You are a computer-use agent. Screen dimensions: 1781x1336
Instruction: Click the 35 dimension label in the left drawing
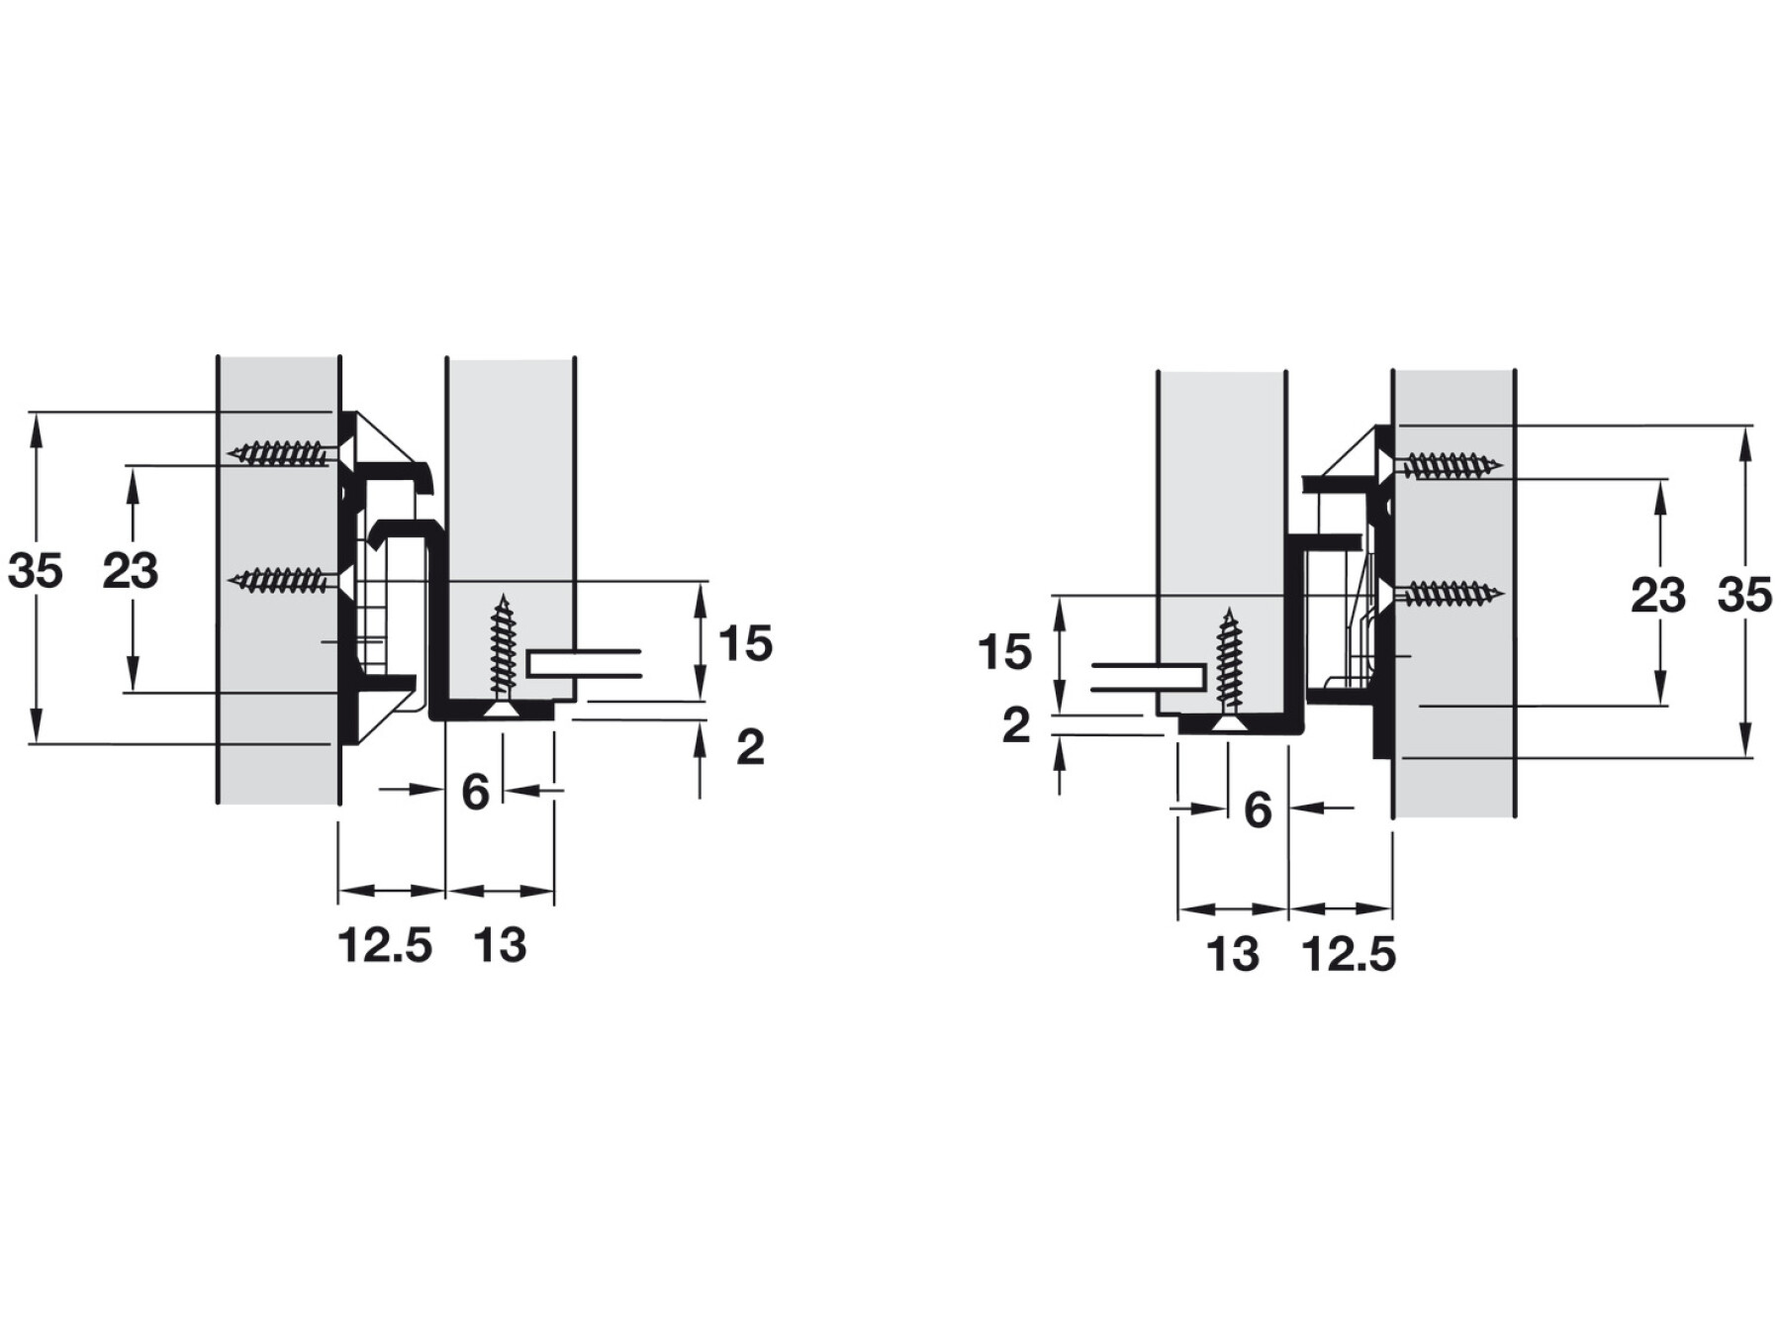click(36, 571)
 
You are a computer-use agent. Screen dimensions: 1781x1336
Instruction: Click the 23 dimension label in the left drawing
click(131, 571)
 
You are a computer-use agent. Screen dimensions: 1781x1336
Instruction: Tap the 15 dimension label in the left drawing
click(745, 643)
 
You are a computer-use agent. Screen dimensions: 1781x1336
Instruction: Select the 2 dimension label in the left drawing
click(750, 747)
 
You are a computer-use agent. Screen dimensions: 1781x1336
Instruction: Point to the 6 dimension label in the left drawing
click(476, 792)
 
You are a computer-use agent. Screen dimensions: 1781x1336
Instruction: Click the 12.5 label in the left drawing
click(385, 945)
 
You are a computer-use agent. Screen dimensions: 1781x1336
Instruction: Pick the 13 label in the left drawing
click(500, 945)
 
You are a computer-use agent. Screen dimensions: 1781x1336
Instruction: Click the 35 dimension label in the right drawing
click(1744, 596)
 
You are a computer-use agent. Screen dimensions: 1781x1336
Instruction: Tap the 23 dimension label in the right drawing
click(1658, 596)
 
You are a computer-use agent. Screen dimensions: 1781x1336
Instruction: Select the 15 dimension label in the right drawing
click(1004, 653)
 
